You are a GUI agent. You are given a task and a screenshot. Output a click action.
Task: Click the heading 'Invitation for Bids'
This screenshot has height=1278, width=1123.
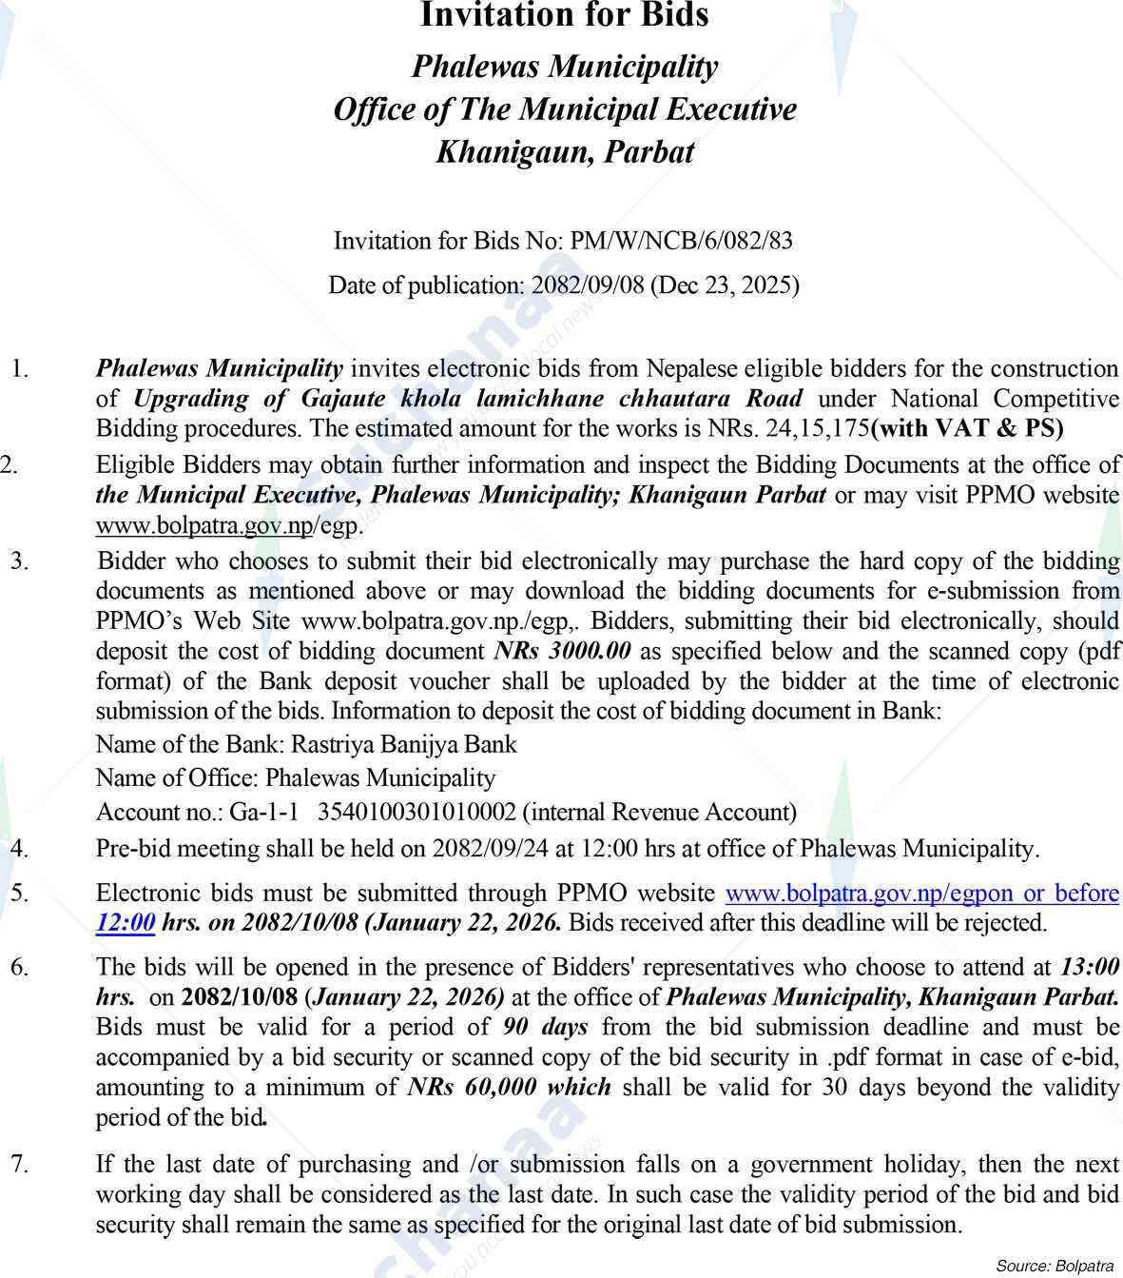(564, 15)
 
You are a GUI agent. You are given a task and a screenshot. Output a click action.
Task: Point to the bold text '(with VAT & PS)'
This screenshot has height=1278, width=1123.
(967, 428)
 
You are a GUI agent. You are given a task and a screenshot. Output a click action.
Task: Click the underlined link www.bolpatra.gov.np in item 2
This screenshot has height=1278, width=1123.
(203, 526)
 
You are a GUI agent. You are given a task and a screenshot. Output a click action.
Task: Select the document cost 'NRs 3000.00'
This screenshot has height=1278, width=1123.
(564, 652)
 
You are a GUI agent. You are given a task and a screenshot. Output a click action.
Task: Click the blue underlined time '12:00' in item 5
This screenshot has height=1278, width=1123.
(126, 922)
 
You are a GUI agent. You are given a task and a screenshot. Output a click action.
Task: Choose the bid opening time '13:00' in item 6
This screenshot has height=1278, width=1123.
(1089, 968)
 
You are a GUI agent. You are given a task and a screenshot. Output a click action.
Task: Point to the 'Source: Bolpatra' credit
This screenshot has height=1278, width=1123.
(1055, 1266)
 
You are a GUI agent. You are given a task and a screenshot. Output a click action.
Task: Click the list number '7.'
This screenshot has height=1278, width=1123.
(19, 1164)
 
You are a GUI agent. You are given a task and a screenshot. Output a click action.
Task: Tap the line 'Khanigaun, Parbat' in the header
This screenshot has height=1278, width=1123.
(564, 152)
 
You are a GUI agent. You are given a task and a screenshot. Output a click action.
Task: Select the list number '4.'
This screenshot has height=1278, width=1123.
(19, 848)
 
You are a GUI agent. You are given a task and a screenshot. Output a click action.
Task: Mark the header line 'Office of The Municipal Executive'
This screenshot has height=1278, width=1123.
(564, 109)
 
